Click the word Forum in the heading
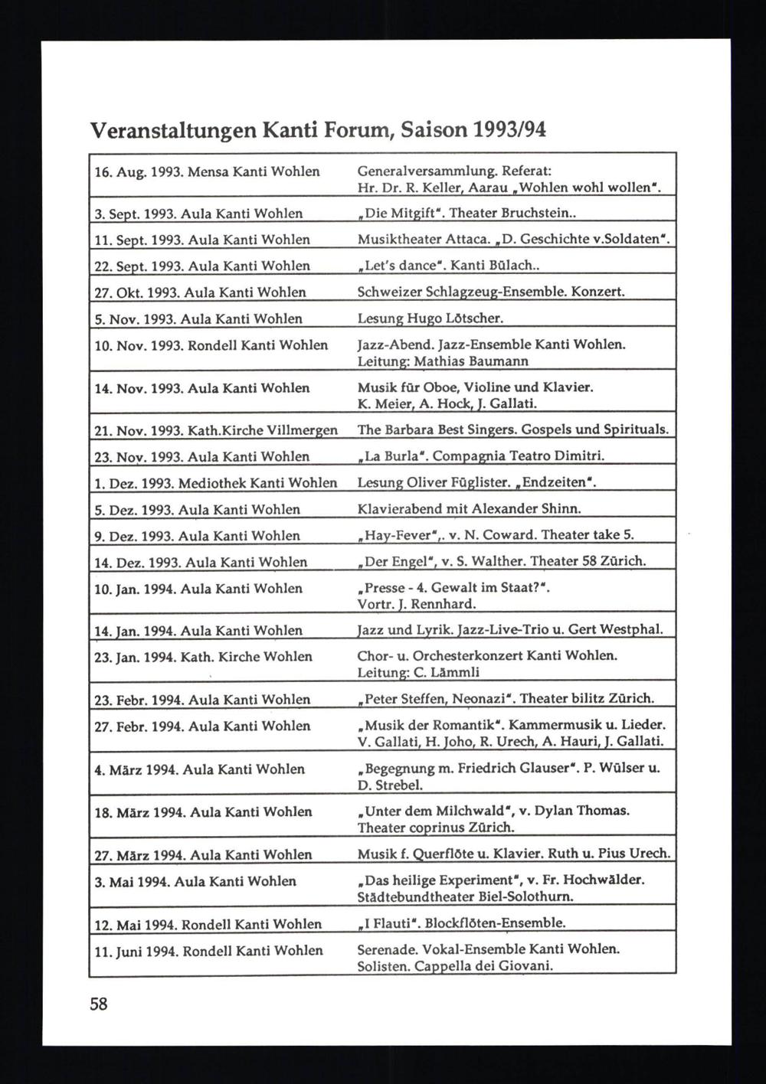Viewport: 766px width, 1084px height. (352, 129)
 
